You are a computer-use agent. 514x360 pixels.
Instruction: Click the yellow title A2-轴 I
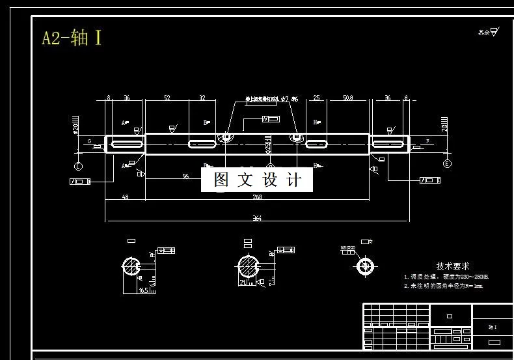click(72, 38)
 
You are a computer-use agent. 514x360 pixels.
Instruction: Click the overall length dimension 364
click(257, 218)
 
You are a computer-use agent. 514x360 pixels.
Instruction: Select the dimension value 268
click(257, 197)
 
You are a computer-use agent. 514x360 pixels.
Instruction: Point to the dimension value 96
click(186, 176)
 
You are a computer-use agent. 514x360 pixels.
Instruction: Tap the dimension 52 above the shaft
click(167, 98)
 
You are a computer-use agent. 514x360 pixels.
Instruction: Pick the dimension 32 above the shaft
click(202, 98)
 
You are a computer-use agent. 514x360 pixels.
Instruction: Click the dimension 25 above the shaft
click(316, 98)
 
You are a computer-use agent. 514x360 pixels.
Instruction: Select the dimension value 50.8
click(347, 98)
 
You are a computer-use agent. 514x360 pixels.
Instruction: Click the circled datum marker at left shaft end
click(79, 165)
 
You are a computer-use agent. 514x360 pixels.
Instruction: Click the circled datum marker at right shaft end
click(447, 163)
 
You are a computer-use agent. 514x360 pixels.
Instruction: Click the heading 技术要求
click(453, 267)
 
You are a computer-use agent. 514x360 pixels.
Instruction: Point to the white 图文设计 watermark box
click(257, 180)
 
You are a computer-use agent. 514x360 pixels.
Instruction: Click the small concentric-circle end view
click(366, 266)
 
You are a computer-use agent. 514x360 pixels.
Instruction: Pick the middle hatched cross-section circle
click(247, 266)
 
